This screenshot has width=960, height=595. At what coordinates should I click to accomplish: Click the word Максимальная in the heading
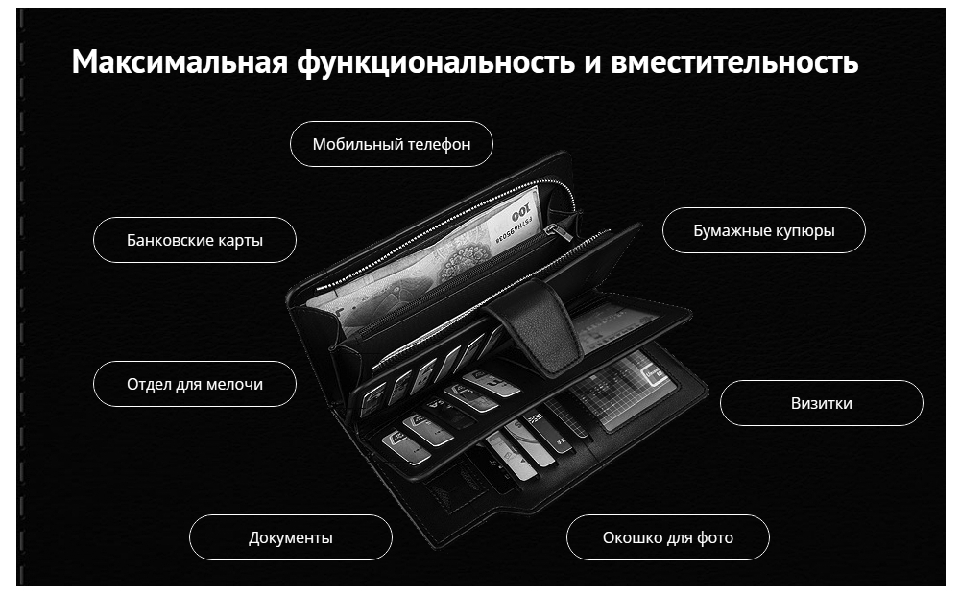(x=180, y=61)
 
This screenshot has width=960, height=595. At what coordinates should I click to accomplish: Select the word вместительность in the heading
(x=734, y=61)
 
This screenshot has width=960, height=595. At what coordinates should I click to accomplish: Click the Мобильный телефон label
(x=392, y=144)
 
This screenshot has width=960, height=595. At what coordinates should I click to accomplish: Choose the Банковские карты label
(x=195, y=240)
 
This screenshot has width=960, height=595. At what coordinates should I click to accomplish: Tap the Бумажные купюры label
(x=764, y=230)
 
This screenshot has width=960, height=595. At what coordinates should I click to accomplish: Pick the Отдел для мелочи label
(x=195, y=384)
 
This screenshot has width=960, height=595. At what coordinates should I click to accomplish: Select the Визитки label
(x=822, y=403)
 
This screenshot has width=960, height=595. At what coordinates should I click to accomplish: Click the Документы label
(x=291, y=537)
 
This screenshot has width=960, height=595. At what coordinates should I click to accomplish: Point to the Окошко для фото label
(x=668, y=537)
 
